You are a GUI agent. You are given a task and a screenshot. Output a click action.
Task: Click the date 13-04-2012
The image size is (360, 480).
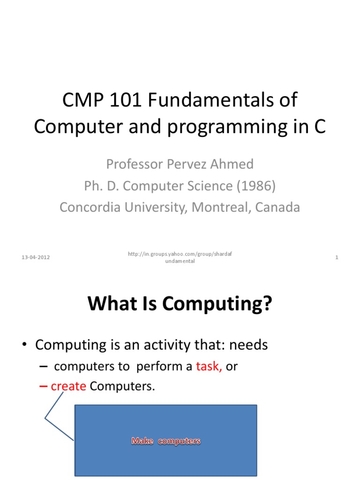pyautogui.click(x=36, y=258)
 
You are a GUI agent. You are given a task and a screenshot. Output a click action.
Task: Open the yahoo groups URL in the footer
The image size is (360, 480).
pyautogui.click(x=180, y=257)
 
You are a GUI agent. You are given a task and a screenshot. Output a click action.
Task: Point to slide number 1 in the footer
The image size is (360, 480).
pyautogui.click(x=337, y=258)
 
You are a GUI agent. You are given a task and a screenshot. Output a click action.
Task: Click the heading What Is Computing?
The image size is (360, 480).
pyautogui.click(x=180, y=305)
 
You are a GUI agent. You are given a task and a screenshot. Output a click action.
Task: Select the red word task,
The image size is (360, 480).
pyautogui.click(x=209, y=367)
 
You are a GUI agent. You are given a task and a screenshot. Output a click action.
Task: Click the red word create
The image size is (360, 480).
pyautogui.click(x=68, y=387)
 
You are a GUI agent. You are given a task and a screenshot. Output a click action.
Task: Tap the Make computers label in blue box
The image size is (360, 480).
pyautogui.click(x=166, y=441)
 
